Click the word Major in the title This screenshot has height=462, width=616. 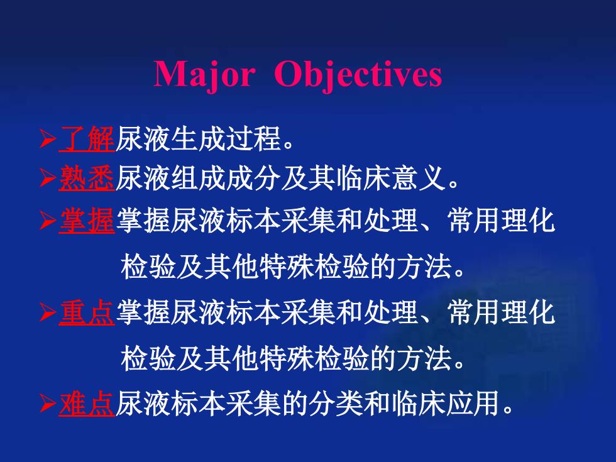click(x=204, y=75)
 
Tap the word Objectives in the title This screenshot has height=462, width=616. click(x=358, y=75)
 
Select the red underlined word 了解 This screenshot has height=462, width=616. click(x=87, y=139)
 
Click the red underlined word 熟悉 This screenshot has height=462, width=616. click(x=87, y=178)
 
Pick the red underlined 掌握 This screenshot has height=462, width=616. click(x=87, y=220)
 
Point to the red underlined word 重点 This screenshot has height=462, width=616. click(x=87, y=312)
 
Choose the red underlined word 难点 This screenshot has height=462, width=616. click(x=87, y=404)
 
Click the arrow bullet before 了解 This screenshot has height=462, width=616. click(x=48, y=139)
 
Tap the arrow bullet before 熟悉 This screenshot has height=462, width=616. click(x=48, y=179)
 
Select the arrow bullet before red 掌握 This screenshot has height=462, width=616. click(x=48, y=221)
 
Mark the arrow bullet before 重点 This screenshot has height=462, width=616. click(x=48, y=313)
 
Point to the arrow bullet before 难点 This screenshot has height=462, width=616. click(x=48, y=404)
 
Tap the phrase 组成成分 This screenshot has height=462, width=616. click(x=198, y=178)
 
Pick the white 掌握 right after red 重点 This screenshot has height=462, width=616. click(x=143, y=312)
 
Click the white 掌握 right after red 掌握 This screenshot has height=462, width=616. click(x=143, y=220)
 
